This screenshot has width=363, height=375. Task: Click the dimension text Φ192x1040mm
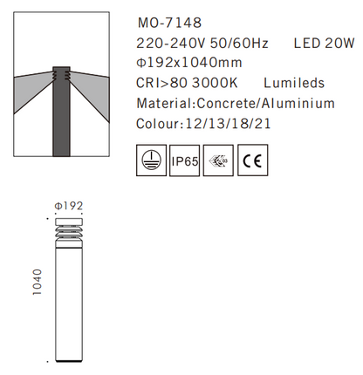(193, 62)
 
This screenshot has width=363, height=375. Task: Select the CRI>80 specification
(161, 83)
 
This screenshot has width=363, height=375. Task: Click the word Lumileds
(295, 83)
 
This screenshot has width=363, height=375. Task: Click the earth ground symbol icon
(151, 161)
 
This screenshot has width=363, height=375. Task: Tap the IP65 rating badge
(186, 161)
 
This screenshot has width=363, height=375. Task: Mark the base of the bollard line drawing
(68, 358)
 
